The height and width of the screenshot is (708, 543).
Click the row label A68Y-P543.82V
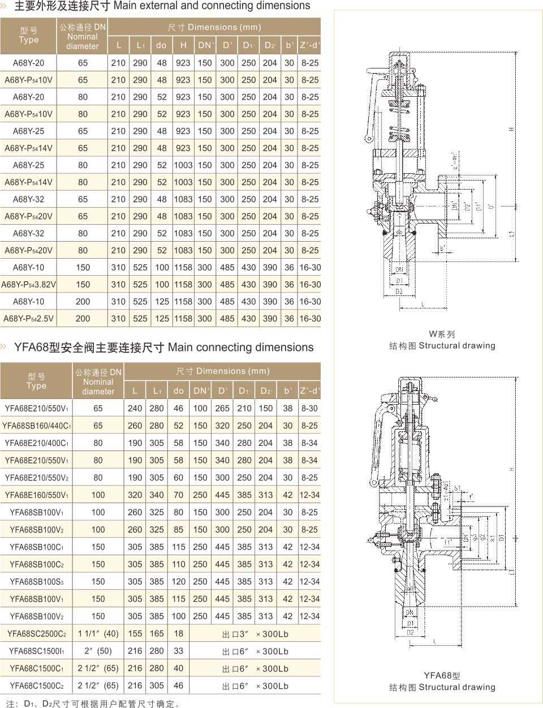click(28, 284)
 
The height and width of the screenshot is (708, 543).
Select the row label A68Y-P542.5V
click(28, 319)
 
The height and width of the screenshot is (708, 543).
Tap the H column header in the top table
click(183, 45)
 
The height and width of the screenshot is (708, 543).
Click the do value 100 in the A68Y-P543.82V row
click(162, 284)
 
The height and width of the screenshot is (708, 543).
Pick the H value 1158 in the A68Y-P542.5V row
click(183, 319)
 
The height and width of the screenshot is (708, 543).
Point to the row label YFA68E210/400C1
click(37, 443)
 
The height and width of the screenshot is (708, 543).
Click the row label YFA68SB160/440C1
click(37, 426)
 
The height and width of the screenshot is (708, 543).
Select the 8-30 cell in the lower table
click(309, 408)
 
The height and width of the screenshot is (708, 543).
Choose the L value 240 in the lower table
click(135, 408)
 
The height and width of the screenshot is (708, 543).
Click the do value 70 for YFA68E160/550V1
click(179, 495)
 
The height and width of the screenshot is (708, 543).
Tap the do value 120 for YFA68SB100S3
click(179, 582)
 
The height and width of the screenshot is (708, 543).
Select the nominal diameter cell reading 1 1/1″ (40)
click(98, 634)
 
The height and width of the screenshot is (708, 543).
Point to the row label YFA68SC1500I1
click(37, 651)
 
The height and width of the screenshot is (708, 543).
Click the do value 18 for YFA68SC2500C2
click(179, 634)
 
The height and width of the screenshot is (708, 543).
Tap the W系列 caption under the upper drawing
click(442, 334)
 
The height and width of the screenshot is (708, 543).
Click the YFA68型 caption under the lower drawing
click(442, 676)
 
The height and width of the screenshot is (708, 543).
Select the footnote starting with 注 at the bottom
click(94, 704)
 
